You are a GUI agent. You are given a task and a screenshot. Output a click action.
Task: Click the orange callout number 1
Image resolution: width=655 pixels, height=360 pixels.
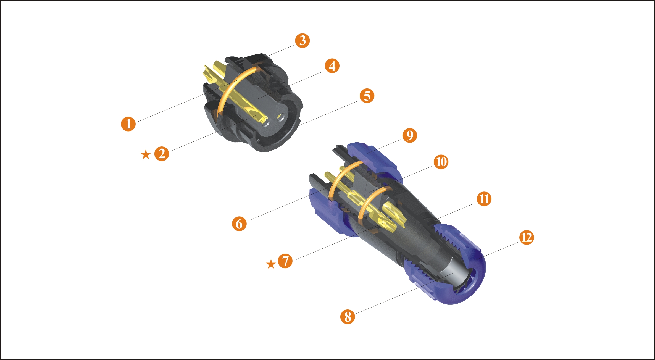click(128, 124)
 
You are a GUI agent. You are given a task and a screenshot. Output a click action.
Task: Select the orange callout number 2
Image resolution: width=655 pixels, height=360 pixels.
click(162, 154)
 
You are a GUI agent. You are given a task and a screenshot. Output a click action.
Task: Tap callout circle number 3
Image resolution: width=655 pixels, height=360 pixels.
click(302, 41)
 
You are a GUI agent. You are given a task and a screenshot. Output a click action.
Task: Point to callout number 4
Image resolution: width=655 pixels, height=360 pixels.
click(332, 66)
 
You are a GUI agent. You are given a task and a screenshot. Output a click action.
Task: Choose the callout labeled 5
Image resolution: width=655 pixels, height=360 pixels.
click(367, 96)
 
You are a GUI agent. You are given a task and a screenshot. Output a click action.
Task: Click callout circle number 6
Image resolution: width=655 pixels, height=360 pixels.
click(239, 224)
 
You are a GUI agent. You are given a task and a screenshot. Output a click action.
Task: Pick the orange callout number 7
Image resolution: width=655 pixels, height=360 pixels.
click(285, 261)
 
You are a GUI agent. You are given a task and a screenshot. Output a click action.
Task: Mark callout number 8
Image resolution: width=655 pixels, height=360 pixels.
click(348, 317)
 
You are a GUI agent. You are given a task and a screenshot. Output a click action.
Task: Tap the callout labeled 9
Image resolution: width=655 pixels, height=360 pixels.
click(410, 135)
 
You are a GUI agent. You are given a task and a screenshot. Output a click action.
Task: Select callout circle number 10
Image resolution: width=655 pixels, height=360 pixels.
click(441, 162)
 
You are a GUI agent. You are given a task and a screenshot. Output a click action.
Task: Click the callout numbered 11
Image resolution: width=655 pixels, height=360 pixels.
click(484, 199)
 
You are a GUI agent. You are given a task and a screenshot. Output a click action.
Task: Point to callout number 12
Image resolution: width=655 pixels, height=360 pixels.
click(527, 238)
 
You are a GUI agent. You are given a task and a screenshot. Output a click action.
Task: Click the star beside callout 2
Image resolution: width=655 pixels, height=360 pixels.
click(146, 155)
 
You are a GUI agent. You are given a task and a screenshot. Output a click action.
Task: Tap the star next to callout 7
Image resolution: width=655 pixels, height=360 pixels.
click(271, 264)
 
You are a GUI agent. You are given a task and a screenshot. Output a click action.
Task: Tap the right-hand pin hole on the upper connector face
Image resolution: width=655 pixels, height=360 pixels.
click(281, 117)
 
